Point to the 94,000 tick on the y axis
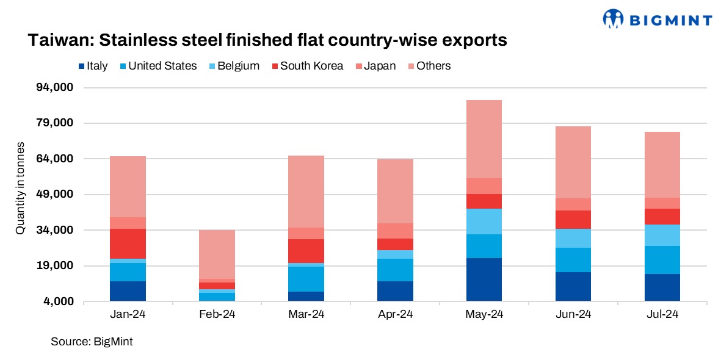(56, 88)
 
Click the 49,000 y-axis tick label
(56, 195)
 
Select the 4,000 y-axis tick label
(59, 301)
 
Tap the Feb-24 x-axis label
(217, 314)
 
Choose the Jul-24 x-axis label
(662, 314)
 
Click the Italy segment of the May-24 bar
(484, 279)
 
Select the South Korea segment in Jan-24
(128, 243)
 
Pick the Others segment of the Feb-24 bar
(217, 254)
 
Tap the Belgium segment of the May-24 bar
(484, 221)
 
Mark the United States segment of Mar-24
(306, 279)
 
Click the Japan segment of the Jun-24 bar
(573, 204)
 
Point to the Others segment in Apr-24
(395, 191)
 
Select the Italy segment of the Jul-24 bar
(662, 287)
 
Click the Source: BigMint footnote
(92, 342)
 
